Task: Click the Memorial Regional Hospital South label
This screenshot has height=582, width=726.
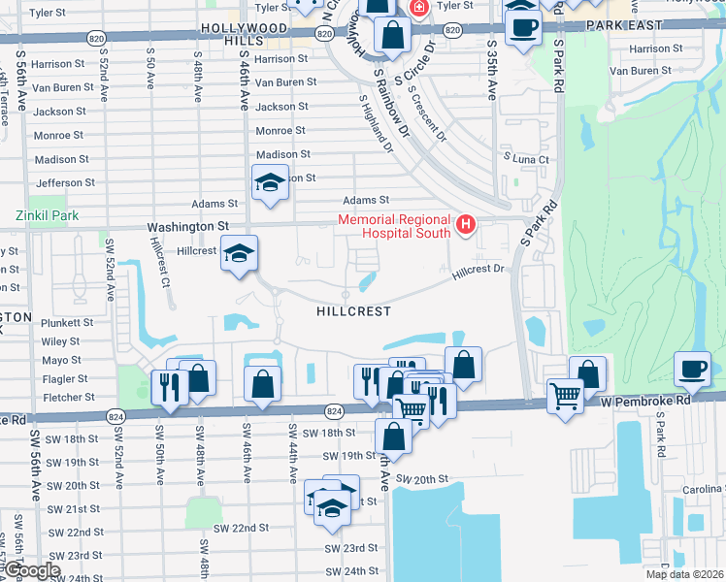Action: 394,226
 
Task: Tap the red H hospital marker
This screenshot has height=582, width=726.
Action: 466,226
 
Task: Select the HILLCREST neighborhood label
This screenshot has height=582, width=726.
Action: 353,311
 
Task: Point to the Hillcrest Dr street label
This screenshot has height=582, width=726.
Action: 479,274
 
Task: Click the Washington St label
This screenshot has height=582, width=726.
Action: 187,226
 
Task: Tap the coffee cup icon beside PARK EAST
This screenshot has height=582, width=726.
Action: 522,28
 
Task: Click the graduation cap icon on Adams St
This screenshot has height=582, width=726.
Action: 270,182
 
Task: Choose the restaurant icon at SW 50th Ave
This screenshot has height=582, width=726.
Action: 169,388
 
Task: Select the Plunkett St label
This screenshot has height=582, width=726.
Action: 67,322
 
